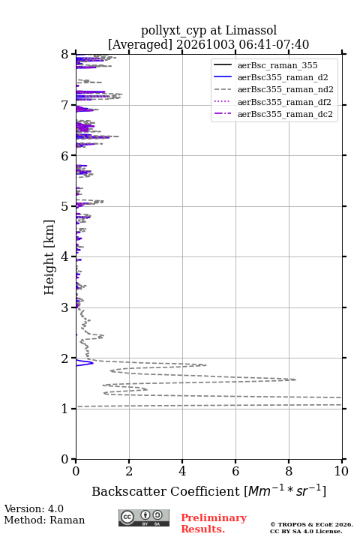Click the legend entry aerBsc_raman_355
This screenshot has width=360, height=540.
(277, 65)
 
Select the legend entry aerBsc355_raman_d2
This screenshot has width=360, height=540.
(283, 77)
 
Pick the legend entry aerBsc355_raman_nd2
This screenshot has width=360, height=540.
(285, 89)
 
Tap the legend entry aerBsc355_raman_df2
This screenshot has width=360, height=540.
(283, 102)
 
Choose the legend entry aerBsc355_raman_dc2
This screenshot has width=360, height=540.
(285, 114)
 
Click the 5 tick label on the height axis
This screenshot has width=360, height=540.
(65, 206)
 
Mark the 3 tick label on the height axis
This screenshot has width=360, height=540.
(65, 307)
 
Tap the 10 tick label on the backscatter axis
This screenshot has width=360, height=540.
(341, 471)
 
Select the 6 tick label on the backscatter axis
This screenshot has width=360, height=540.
(235, 471)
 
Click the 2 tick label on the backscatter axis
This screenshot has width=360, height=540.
(129, 471)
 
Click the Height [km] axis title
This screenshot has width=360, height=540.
(49, 257)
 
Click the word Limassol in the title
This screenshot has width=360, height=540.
(251, 30)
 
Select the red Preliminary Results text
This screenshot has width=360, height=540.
(214, 523)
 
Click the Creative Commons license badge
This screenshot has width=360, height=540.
(144, 518)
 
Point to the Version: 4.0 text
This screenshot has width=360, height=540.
(34, 508)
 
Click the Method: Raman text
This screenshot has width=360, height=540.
(44, 520)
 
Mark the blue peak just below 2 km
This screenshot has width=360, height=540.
(92, 363)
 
